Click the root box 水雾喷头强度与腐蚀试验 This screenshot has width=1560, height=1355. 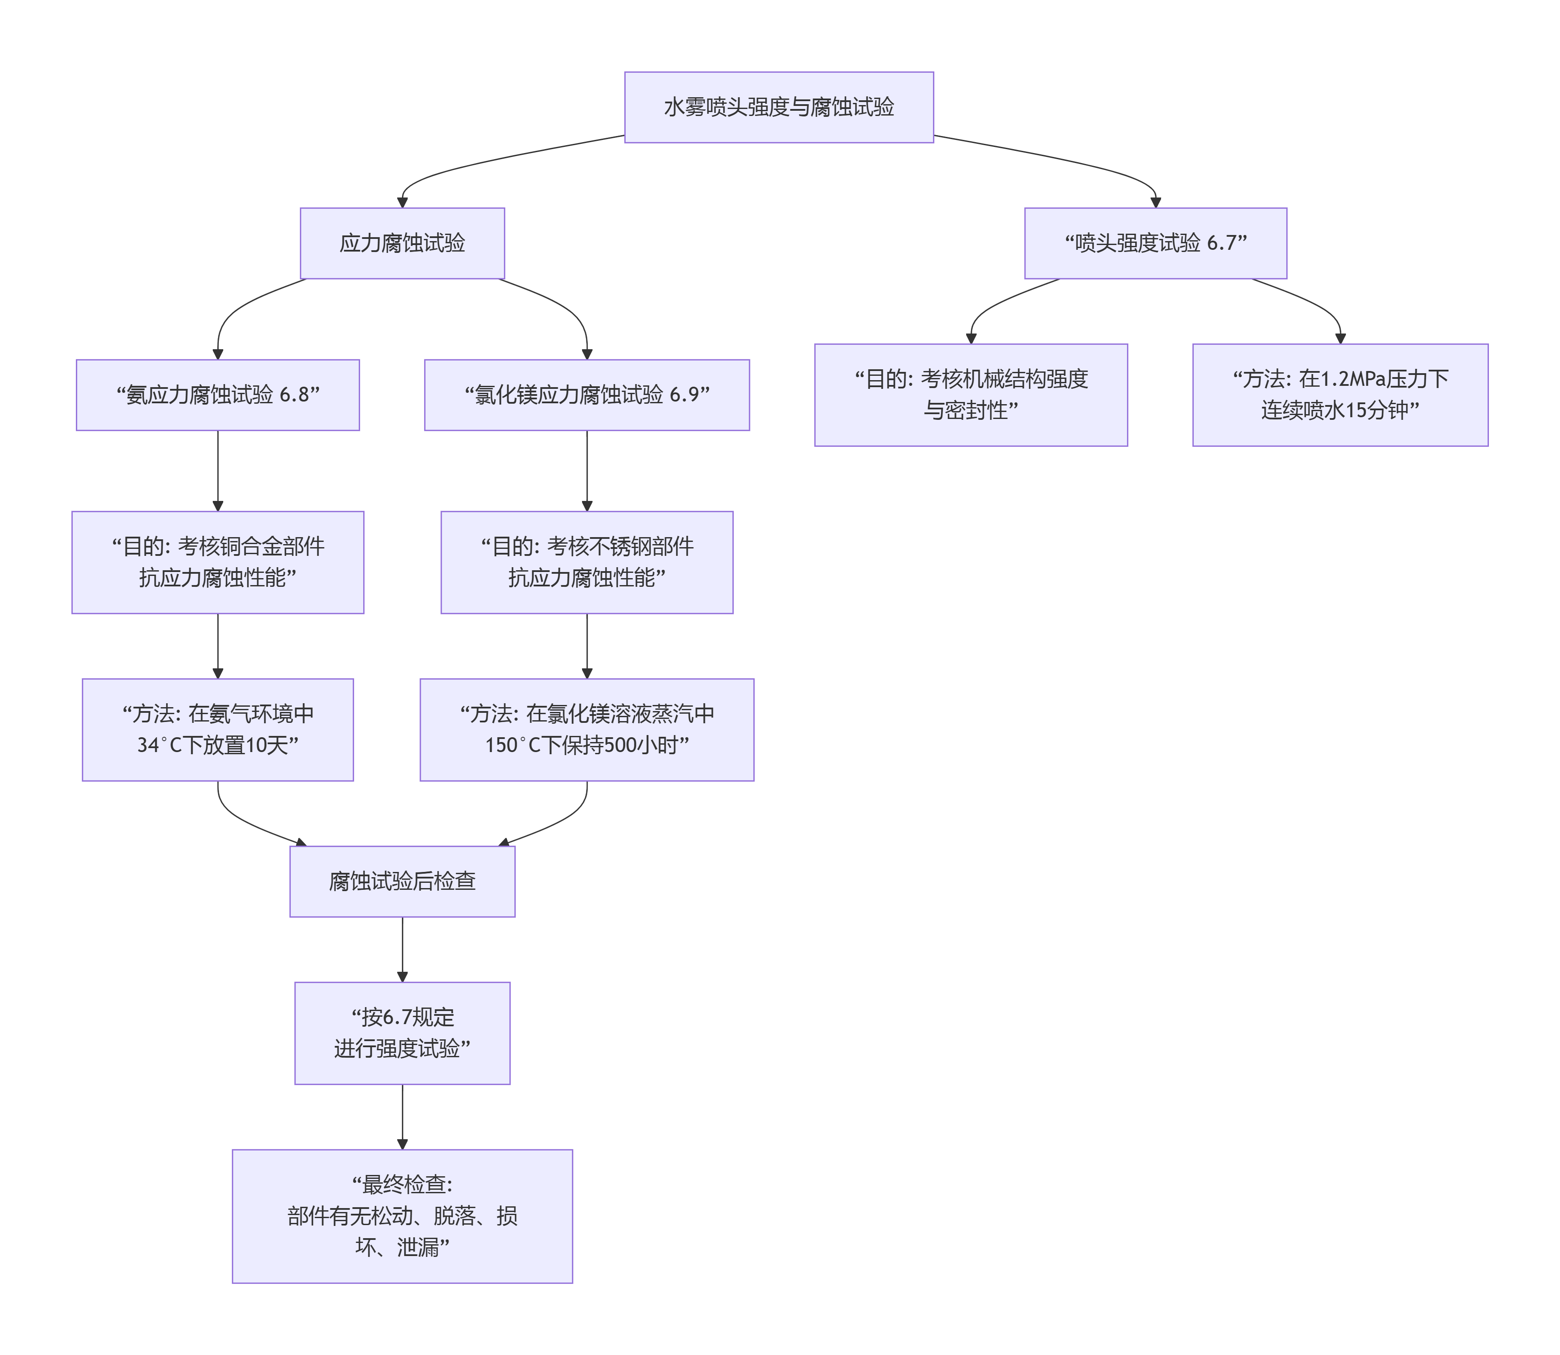[x=778, y=107]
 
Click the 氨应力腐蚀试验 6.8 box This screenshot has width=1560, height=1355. [x=218, y=395]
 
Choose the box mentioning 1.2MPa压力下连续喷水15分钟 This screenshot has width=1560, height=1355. [x=1339, y=395]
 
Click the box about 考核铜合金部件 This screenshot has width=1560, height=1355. [x=218, y=562]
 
